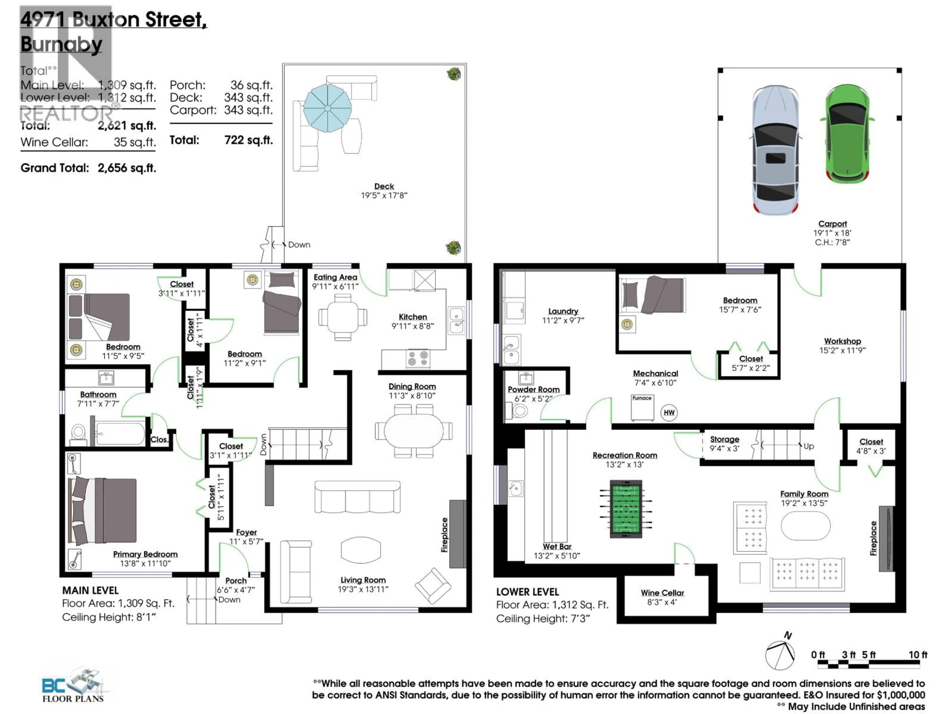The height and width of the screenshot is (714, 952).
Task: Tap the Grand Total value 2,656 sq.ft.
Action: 126,168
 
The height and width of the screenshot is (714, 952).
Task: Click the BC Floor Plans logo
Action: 73,685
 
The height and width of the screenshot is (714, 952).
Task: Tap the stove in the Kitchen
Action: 417,358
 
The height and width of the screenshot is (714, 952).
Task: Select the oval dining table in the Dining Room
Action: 413,431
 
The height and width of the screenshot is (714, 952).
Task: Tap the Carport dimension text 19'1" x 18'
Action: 832,233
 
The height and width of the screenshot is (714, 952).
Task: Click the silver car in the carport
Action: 775,150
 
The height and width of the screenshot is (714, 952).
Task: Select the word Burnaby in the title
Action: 61,44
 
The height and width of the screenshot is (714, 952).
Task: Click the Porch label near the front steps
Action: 236,581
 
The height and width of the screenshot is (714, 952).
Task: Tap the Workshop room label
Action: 842,341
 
